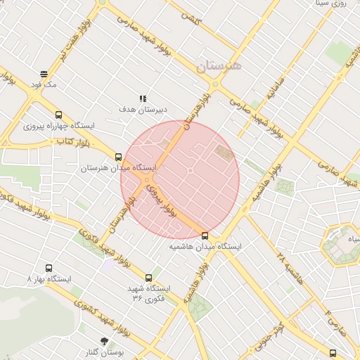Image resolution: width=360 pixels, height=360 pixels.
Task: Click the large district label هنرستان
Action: pos(219,66)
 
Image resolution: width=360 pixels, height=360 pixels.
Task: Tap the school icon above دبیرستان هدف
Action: pos(143,98)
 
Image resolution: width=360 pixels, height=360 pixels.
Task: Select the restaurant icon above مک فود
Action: pos(44,73)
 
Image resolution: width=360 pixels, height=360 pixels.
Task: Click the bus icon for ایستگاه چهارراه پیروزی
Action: pos(58,115)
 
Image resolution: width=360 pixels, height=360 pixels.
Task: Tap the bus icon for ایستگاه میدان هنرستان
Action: pos(118,157)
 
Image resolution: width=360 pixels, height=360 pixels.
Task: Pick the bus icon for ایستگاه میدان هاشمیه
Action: pos(205,236)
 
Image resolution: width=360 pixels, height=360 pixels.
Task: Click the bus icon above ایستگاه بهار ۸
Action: pos(49,268)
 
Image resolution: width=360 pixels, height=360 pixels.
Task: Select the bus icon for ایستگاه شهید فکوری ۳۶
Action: pos(148,278)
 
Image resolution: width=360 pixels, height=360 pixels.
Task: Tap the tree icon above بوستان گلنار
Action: pos(105,341)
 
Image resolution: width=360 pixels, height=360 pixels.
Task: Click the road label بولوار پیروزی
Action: pos(160,199)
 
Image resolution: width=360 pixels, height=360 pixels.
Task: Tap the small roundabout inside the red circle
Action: pos(190,171)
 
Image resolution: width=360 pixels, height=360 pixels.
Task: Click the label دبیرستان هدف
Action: pos(143,110)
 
